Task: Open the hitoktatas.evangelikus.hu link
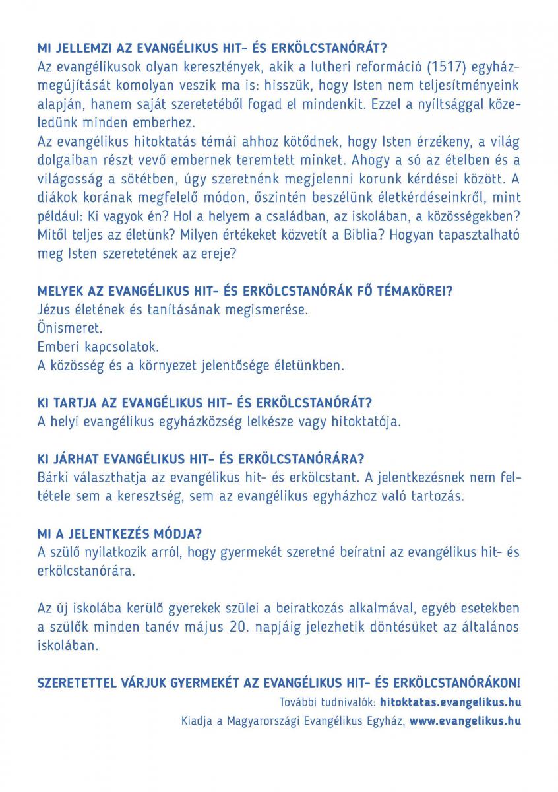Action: click(450, 701)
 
